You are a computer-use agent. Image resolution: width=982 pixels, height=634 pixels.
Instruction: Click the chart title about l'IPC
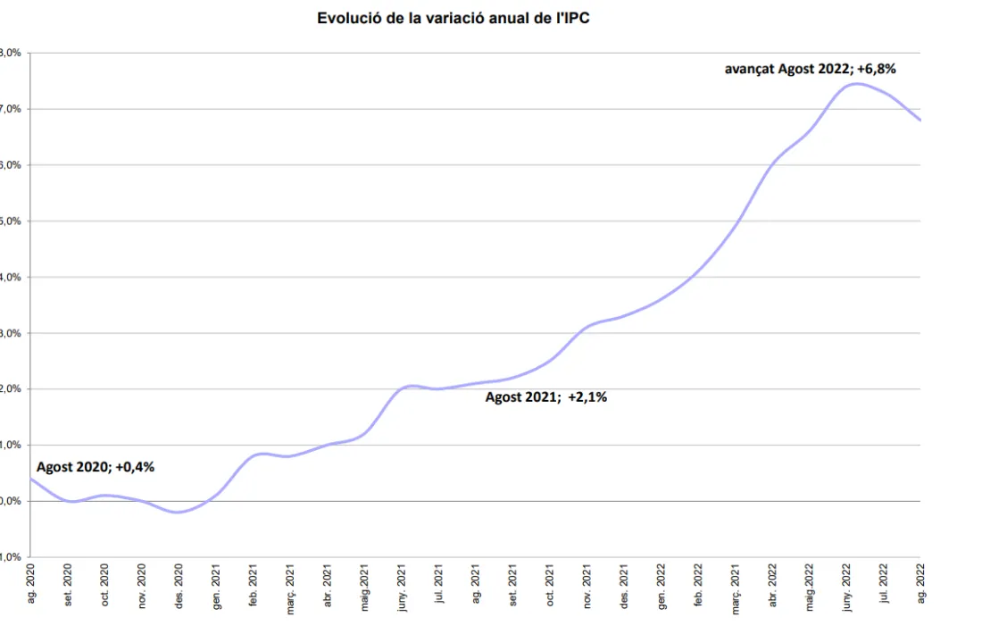454,18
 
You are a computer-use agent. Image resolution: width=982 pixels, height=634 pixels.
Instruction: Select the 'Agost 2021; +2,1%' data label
545,397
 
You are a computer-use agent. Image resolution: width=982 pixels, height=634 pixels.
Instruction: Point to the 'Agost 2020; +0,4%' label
96,466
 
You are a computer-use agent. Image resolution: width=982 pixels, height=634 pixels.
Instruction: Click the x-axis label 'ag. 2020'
31,586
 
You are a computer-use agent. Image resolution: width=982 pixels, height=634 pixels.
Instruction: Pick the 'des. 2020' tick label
179,586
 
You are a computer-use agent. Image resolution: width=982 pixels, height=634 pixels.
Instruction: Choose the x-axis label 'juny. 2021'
402,588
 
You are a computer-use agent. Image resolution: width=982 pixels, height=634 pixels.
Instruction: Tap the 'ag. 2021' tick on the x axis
476,586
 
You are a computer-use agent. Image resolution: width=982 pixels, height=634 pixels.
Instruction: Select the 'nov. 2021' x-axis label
587,586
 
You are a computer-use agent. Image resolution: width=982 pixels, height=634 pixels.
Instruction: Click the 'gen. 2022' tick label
661,586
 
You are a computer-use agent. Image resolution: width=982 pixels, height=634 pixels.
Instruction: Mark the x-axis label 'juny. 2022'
846,588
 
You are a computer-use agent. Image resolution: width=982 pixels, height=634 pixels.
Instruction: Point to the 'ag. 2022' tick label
920,586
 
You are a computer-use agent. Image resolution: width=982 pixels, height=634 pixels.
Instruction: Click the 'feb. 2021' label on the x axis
254,586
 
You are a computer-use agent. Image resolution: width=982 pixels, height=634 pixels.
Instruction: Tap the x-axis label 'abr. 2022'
772,586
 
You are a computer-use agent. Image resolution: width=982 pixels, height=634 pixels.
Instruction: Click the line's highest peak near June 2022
856,84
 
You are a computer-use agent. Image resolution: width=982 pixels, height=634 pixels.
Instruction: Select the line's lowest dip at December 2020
178,512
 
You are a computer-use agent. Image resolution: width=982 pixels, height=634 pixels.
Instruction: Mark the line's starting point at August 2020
32,479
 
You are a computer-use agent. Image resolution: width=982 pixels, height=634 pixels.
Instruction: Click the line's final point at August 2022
919,120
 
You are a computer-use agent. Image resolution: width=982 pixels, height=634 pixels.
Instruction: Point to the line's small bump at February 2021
259,454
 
